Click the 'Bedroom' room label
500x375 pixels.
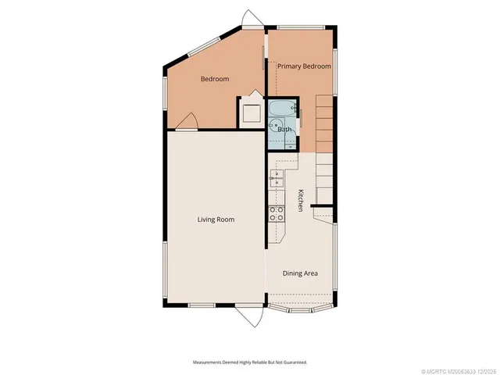(214, 79)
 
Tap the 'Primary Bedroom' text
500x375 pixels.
(304, 66)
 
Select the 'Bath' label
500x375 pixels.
(285, 129)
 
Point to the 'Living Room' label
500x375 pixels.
(215, 220)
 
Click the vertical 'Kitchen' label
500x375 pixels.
(299, 200)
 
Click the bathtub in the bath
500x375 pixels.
(282, 108)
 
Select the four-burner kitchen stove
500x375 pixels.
(277, 213)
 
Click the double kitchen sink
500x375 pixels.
(276, 179)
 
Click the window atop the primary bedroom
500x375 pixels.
(301, 29)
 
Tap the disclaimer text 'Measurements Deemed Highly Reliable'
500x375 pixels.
(250, 362)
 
